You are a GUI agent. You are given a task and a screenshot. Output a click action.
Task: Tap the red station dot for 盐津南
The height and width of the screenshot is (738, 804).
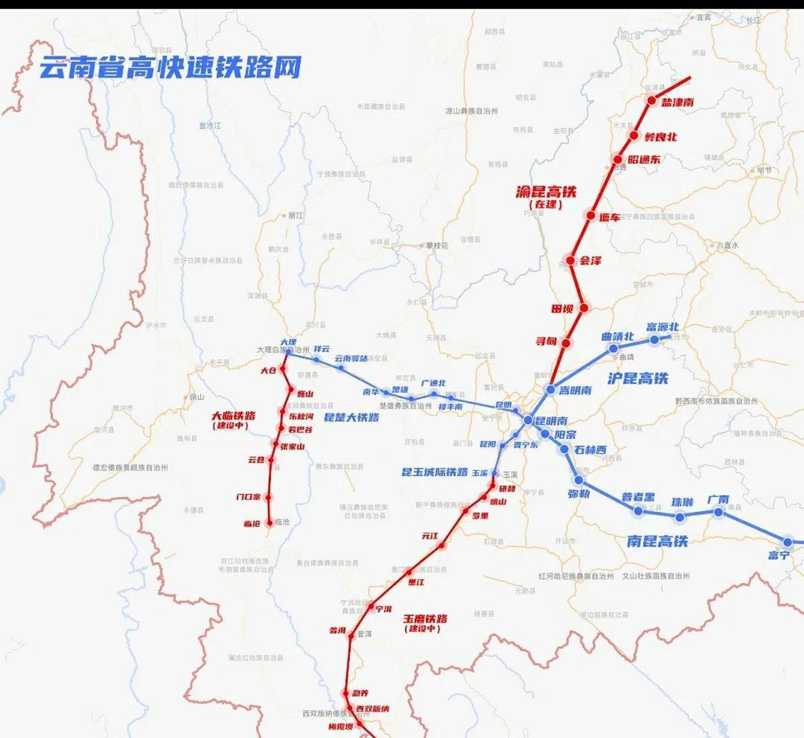(x=652, y=100)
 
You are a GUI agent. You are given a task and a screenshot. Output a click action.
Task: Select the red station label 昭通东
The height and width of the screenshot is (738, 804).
(x=644, y=159)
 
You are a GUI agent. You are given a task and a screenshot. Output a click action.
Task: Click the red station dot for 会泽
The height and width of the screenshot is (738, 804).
(x=570, y=261)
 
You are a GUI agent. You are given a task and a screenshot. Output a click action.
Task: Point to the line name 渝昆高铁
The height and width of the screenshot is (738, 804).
(x=546, y=191)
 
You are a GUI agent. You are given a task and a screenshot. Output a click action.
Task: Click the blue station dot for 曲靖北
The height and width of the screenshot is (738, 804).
(x=614, y=348)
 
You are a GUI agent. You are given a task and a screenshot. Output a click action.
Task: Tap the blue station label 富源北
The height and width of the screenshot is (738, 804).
(x=662, y=327)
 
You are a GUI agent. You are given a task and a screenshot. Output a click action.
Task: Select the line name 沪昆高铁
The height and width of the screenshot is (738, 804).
(x=637, y=378)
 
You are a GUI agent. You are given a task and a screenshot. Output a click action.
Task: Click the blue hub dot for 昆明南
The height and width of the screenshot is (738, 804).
(x=528, y=420)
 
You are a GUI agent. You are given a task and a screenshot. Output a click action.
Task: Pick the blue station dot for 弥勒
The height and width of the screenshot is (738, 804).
(x=579, y=480)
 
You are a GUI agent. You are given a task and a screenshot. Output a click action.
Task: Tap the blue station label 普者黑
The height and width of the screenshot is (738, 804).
(x=638, y=497)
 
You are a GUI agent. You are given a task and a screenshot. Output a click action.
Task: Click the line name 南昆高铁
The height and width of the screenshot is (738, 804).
(x=657, y=541)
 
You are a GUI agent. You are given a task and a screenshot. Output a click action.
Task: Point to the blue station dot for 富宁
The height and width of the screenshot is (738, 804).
(x=787, y=542)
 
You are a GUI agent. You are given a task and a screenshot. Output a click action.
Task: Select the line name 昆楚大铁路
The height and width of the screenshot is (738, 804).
(x=351, y=417)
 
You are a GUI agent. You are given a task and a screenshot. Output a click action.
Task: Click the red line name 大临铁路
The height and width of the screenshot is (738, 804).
(x=233, y=415)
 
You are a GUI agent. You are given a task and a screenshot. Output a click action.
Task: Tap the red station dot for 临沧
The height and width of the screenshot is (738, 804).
(x=269, y=523)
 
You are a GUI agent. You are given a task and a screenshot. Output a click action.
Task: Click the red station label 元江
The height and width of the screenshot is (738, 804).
(x=430, y=536)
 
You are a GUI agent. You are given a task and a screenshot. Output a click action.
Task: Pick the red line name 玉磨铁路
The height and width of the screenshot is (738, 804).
(x=425, y=619)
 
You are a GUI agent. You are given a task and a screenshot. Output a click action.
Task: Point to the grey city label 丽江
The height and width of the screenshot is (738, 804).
(x=295, y=216)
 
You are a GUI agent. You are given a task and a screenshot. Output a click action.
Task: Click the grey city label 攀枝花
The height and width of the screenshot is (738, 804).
(x=437, y=246)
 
